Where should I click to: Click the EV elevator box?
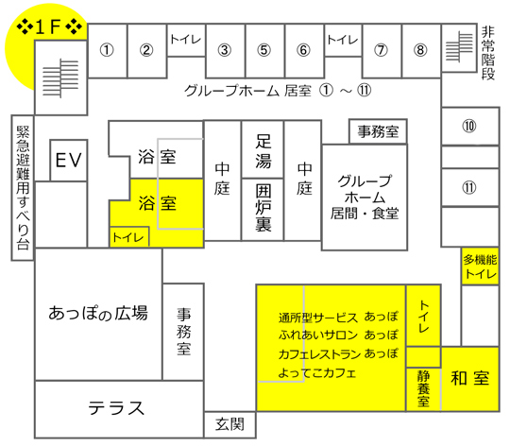pyautogui.click(x=69, y=160)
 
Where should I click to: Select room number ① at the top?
pyautogui.click(x=107, y=51)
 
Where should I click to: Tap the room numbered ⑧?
pyautogui.click(x=421, y=51)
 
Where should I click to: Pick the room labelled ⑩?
pyautogui.click(x=470, y=126)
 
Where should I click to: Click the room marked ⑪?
pyautogui.click(x=470, y=187)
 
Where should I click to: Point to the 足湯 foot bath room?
pyautogui.click(x=263, y=149)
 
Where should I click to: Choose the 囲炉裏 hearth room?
pyautogui.click(x=263, y=210)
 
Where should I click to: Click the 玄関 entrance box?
pyautogui.click(x=229, y=424)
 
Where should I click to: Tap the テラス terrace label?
pyautogui.click(x=116, y=408)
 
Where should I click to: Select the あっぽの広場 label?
pyautogui.click(x=98, y=313)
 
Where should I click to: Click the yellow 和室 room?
pyautogui.click(x=470, y=379)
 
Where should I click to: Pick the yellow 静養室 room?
pyautogui.click(x=423, y=389)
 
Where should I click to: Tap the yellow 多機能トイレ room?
pyautogui.click(x=480, y=266)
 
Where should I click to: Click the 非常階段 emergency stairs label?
pyautogui.click(x=488, y=53)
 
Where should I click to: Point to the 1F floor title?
pyautogui.click(x=49, y=26)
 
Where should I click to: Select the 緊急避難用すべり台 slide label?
pyautogui.click(x=23, y=188)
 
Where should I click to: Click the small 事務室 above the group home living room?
pyautogui.click(x=378, y=131)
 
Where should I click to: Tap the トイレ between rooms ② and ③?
pyautogui.click(x=186, y=40)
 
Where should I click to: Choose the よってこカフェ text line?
pyautogui.click(x=317, y=373)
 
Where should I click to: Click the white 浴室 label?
pyautogui.click(x=157, y=157)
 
